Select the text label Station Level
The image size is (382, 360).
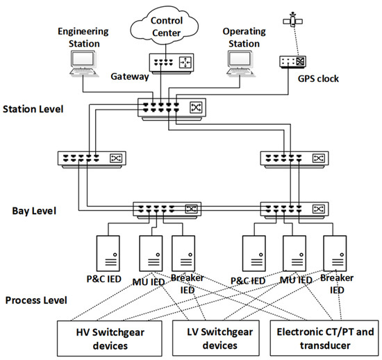(33, 109)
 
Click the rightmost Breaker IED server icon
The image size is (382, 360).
(335, 251)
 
